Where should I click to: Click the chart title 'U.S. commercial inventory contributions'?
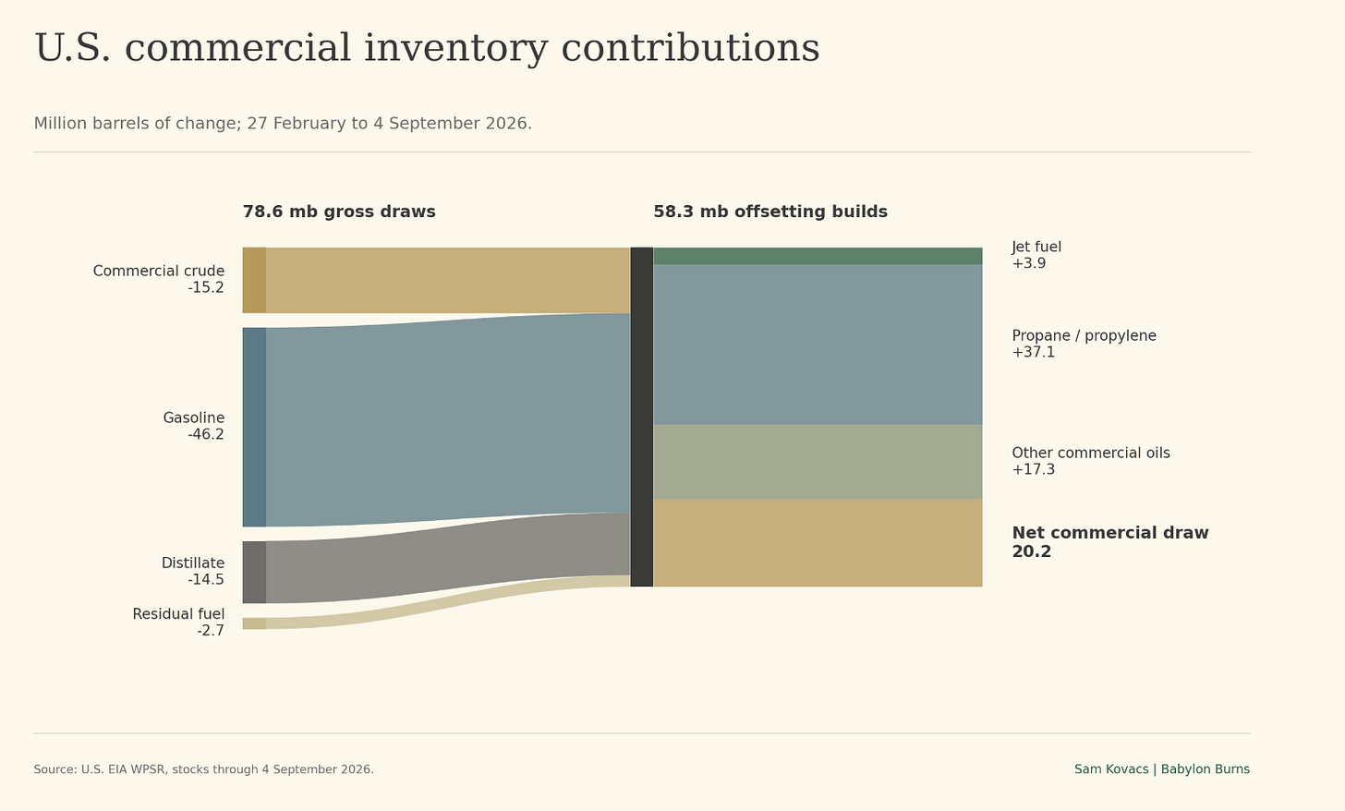click(x=427, y=48)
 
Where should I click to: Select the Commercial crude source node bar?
click(x=254, y=280)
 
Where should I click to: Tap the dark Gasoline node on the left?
click(x=254, y=427)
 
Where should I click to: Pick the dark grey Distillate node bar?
click(x=254, y=572)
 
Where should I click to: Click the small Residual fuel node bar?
click(x=254, y=623)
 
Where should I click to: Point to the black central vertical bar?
click(x=641, y=417)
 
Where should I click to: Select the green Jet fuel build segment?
click(x=818, y=256)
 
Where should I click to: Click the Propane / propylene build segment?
click(x=818, y=345)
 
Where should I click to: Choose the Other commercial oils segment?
click(x=818, y=462)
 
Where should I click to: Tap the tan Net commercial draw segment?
click(x=818, y=542)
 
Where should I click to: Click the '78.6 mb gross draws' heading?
click(x=339, y=212)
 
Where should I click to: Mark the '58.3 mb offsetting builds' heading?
click(x=770, y=212)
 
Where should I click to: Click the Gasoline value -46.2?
click(x=206, y=434)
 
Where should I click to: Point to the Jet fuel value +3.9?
click(x=1029, y=263)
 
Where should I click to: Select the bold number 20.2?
click(x=1032, y=551)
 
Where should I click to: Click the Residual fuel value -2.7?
click(x=211, y=630)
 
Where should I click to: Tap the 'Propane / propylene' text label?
click(x=1084, y=335)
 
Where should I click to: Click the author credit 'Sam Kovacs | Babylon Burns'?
click(x=1162, y=769)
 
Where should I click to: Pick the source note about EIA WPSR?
click(x=203, y=769)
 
